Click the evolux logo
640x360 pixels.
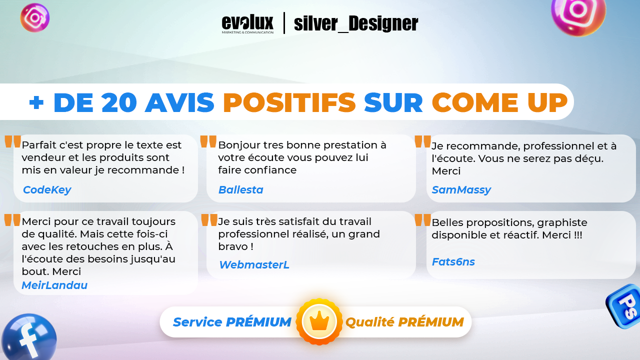pos(247,23)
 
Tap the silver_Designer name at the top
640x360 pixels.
pos(356,23)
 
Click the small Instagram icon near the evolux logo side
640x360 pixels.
pos(35,17)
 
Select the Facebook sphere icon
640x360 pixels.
pos(28,337)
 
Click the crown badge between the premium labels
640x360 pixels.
pos(319,321)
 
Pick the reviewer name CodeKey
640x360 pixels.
pos(47,189)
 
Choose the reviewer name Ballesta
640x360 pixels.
pos(240,189)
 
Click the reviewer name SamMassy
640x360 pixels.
pos(461,189)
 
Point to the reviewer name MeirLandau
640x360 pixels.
pos(54,285)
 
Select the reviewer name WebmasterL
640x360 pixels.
pos(254,265)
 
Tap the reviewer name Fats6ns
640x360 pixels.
pos(453,261)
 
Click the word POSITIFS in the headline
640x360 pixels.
pos(289,102)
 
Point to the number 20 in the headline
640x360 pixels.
pos(119,102)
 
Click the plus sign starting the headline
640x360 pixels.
pos(36,102)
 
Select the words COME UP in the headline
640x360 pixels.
pos(499,102)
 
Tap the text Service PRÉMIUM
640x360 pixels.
pos(232,322)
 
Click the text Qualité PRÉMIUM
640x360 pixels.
pos(404,322)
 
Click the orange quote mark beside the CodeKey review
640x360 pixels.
pos(13,141)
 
